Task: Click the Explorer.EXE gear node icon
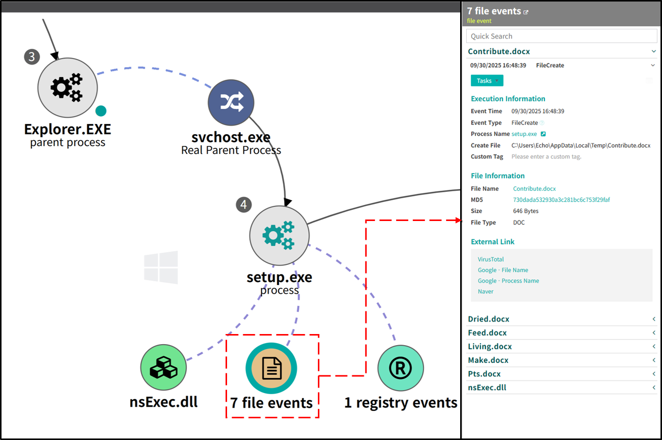pyautogui.click(x=68, y=87)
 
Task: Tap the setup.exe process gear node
pyautogui.click(x=280, y=236)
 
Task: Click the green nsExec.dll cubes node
pyautogui.click(x=163, y=367)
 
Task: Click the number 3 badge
pyautogui.click(x=32, y=57)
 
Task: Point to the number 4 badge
pyautogui.click(x=244, y=204)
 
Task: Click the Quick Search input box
pyautogui.click(x=562, y=36)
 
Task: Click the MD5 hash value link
pyautogui.click(x=561, y=200)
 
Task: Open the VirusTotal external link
pyautogui.click(x=490, y=259)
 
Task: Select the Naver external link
pyautogui.click(x=485, y=292)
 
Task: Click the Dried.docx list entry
pyautogui.click(x=488, y=319)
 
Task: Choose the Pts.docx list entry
pyautogui.click(x=484, y=374)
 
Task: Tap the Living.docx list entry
pyautogui.click(x=489, y=347)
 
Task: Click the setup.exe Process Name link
pyautogui.click(x=524, y=134)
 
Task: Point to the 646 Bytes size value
pyautogui.click(x=525, y=211)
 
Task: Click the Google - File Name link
pyautogui.click(x=503, y=270)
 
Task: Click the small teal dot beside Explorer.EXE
pyautogui.click(x=101, y=111)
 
